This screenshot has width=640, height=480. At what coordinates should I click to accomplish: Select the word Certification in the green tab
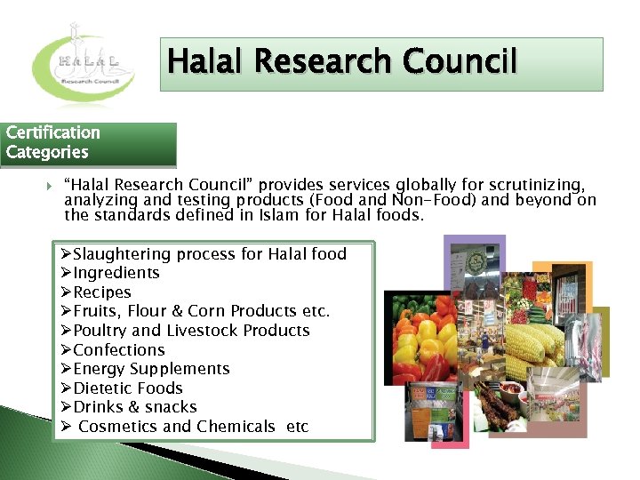point(52,132)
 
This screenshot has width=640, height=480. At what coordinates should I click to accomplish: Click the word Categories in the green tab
point(47,152)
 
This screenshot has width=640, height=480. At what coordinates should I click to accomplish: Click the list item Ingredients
point(116,273)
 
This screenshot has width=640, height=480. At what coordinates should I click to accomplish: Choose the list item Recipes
point(101,292)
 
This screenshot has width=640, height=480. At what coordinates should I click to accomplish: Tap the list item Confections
point(119,350)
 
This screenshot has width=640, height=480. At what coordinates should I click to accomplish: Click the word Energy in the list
point(99,369)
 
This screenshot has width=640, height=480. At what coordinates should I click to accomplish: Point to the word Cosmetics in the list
point(118,427)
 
